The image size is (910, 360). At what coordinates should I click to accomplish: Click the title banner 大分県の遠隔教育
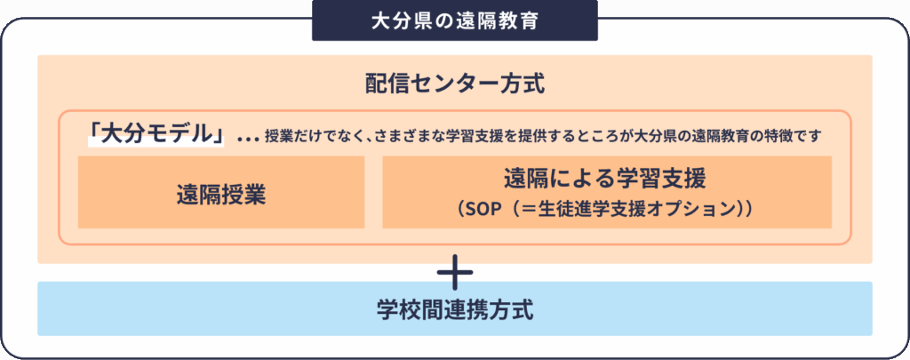click(x=454, y=20)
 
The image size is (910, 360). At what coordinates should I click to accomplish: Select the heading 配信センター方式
click(x=454, y=84)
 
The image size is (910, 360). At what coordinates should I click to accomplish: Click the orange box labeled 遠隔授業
click(x=221, y=194)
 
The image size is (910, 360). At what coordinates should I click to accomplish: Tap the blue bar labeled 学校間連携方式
click(x=454, y=310)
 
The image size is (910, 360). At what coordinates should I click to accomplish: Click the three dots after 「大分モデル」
click(x=248, y=137)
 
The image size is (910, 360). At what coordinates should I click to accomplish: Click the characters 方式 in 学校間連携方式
click(x=515, y=310)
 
